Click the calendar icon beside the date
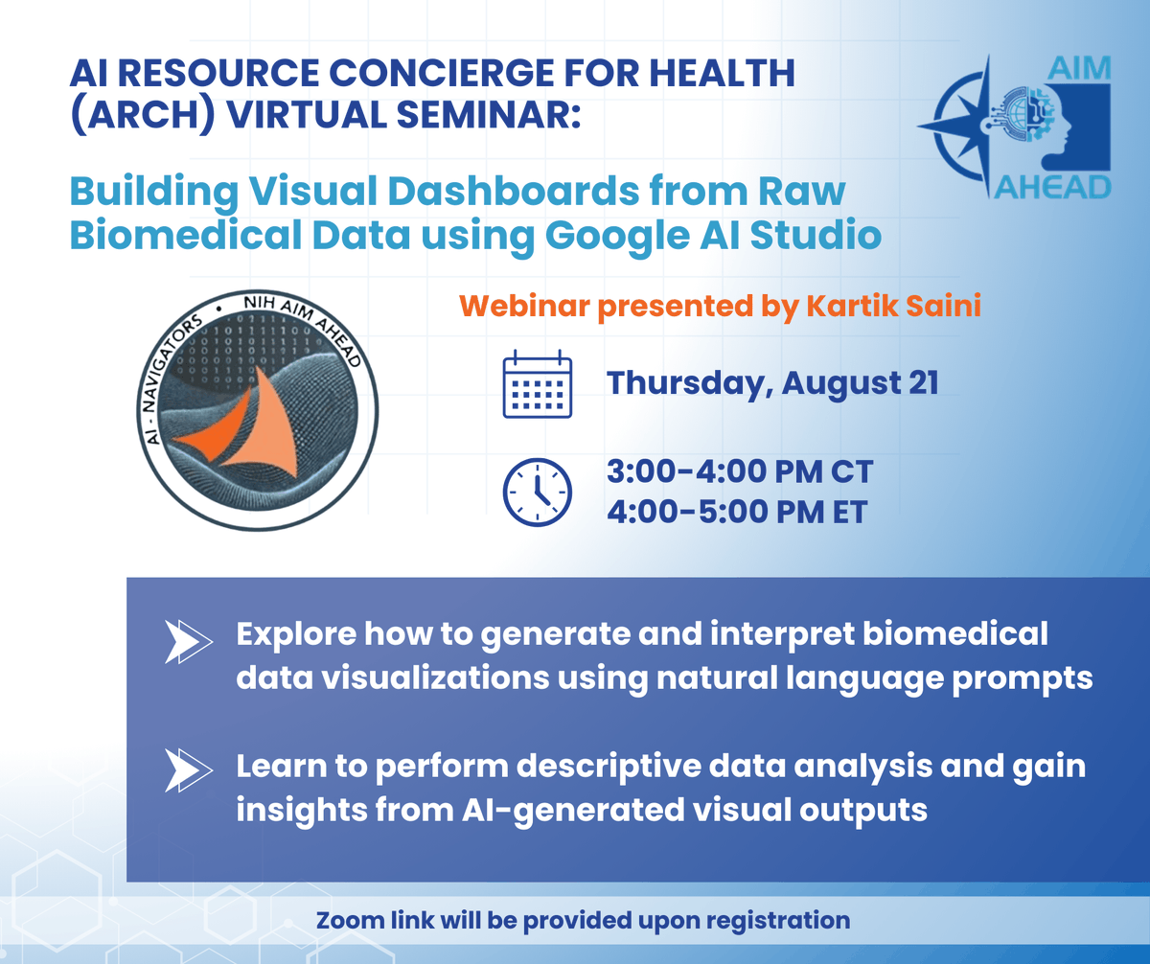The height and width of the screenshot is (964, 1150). click(537, 386)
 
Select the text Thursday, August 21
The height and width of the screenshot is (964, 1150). click(772, 383)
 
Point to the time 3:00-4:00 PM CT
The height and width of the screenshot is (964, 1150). click(740, 472)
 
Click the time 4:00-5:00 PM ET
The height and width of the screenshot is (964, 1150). click(737, 512)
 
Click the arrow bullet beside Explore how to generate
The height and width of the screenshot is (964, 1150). click(188, 642)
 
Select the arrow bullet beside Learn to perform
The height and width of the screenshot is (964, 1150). click(188, 769)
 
